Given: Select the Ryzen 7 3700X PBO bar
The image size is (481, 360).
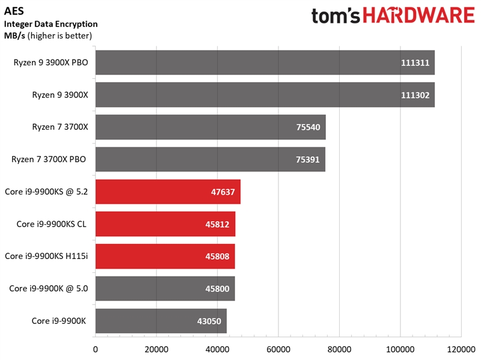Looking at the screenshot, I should click(210, 159).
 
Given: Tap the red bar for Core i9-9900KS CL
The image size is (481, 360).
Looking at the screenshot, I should click(165, 224).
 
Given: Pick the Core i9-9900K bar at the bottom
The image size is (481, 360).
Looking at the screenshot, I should click(161, 321).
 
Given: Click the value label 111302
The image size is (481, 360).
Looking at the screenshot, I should click(415, 95).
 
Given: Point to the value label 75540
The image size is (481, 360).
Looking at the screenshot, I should click(308, 127).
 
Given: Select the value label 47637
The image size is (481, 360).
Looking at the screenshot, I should click(223, 192).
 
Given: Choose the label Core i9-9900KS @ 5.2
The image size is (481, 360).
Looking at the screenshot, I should click(47, 192).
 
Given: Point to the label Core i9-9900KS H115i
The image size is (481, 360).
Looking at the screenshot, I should click(46, 256).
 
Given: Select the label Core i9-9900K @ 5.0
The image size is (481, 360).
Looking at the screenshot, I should click(49, 288).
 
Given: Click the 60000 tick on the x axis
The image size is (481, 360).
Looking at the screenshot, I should click(278, 349).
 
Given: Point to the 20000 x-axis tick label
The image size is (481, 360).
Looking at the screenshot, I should click(156, 349).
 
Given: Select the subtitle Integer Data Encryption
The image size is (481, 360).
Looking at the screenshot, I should click(51, 24).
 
